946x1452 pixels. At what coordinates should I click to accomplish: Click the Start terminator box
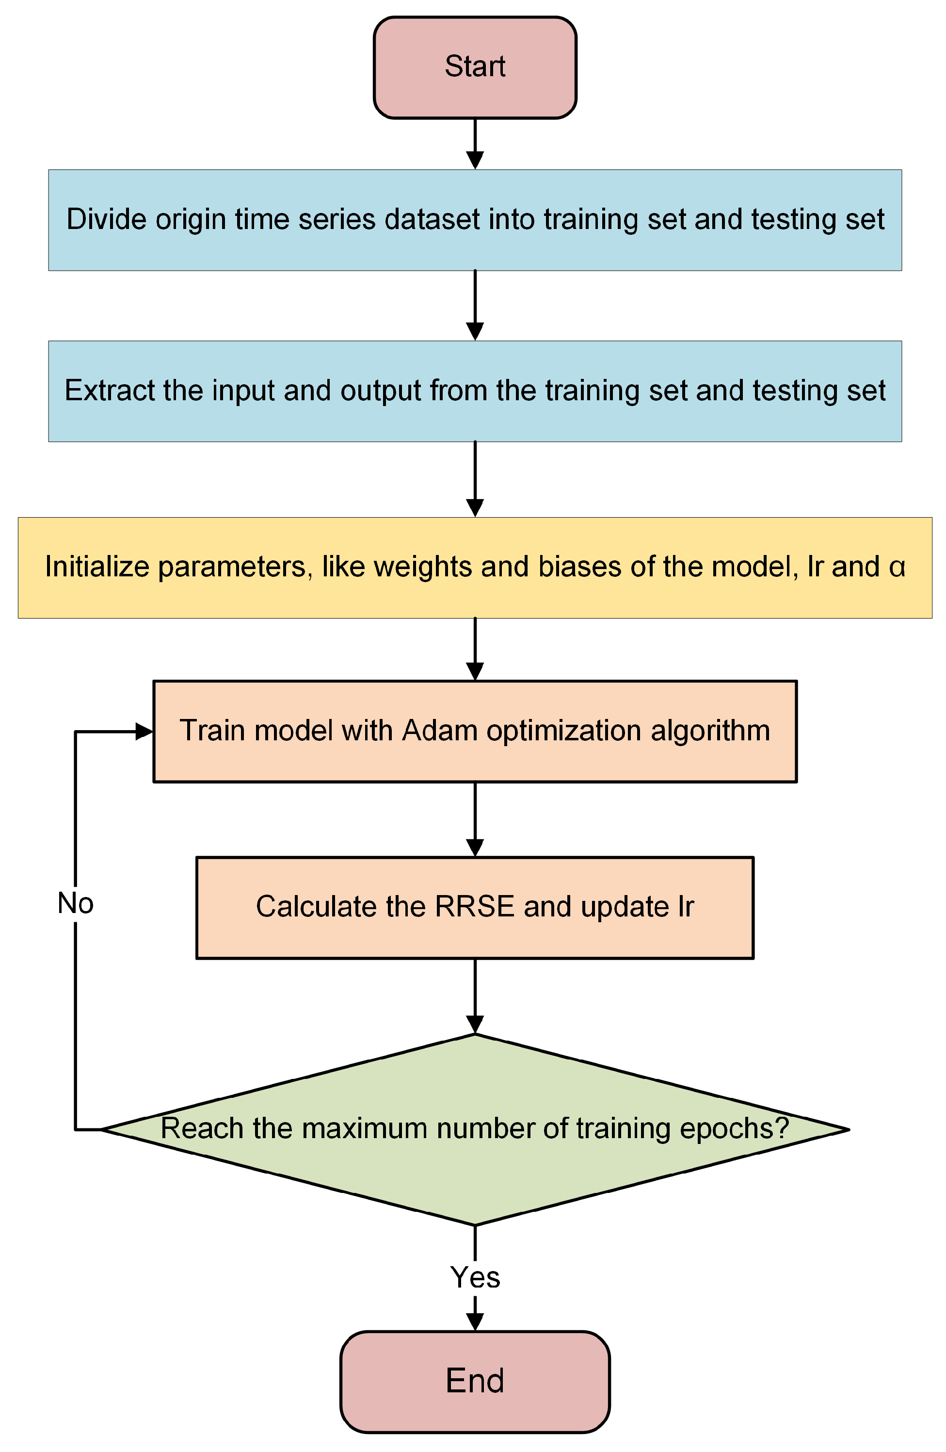point(475,67)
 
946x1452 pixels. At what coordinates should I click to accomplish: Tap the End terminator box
point(475,1381)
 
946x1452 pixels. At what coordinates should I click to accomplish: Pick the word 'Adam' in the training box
point(439,730)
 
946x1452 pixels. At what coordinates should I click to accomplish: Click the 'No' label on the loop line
point(75,903)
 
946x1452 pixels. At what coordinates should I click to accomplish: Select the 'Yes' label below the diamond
point(475,1277)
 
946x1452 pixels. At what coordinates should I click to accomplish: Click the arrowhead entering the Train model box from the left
point(144,731)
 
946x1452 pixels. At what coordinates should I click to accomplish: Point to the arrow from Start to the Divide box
point(475,145)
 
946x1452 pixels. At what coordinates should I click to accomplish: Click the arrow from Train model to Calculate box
point(475,820)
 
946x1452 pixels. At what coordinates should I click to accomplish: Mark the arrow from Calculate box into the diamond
point(475,997)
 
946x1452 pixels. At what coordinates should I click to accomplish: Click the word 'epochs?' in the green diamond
point(735,1128)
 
